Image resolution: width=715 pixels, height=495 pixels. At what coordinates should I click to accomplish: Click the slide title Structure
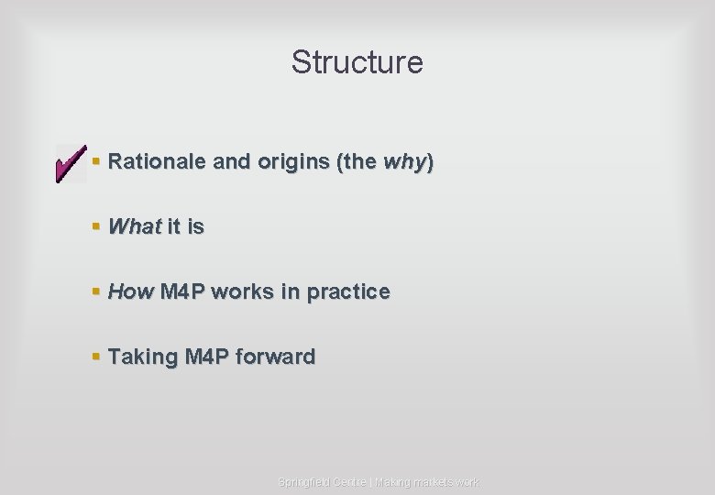(357, 62)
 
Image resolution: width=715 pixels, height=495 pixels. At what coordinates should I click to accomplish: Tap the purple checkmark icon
(69, 163)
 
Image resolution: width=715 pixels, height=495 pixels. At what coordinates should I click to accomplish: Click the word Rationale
(157, 162)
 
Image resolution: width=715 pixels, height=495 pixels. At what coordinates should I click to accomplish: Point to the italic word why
(403, 162)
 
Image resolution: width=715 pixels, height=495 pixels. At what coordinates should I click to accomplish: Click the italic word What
(135, 226)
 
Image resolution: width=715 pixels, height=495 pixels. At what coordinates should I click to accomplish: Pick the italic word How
(131, 291)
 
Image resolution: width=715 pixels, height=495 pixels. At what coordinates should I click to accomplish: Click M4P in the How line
(183, 291)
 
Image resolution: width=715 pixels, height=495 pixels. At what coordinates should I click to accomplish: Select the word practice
(348, 291)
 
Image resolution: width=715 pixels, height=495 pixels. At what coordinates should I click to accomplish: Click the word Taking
(143, 356)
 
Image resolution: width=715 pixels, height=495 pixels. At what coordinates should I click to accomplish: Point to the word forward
(275, 356)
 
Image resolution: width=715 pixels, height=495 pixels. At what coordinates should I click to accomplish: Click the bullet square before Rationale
(96, 163)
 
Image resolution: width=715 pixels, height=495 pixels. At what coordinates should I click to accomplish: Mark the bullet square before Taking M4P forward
(96, 357)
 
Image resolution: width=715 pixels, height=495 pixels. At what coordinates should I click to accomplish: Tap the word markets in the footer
(428, 482)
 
